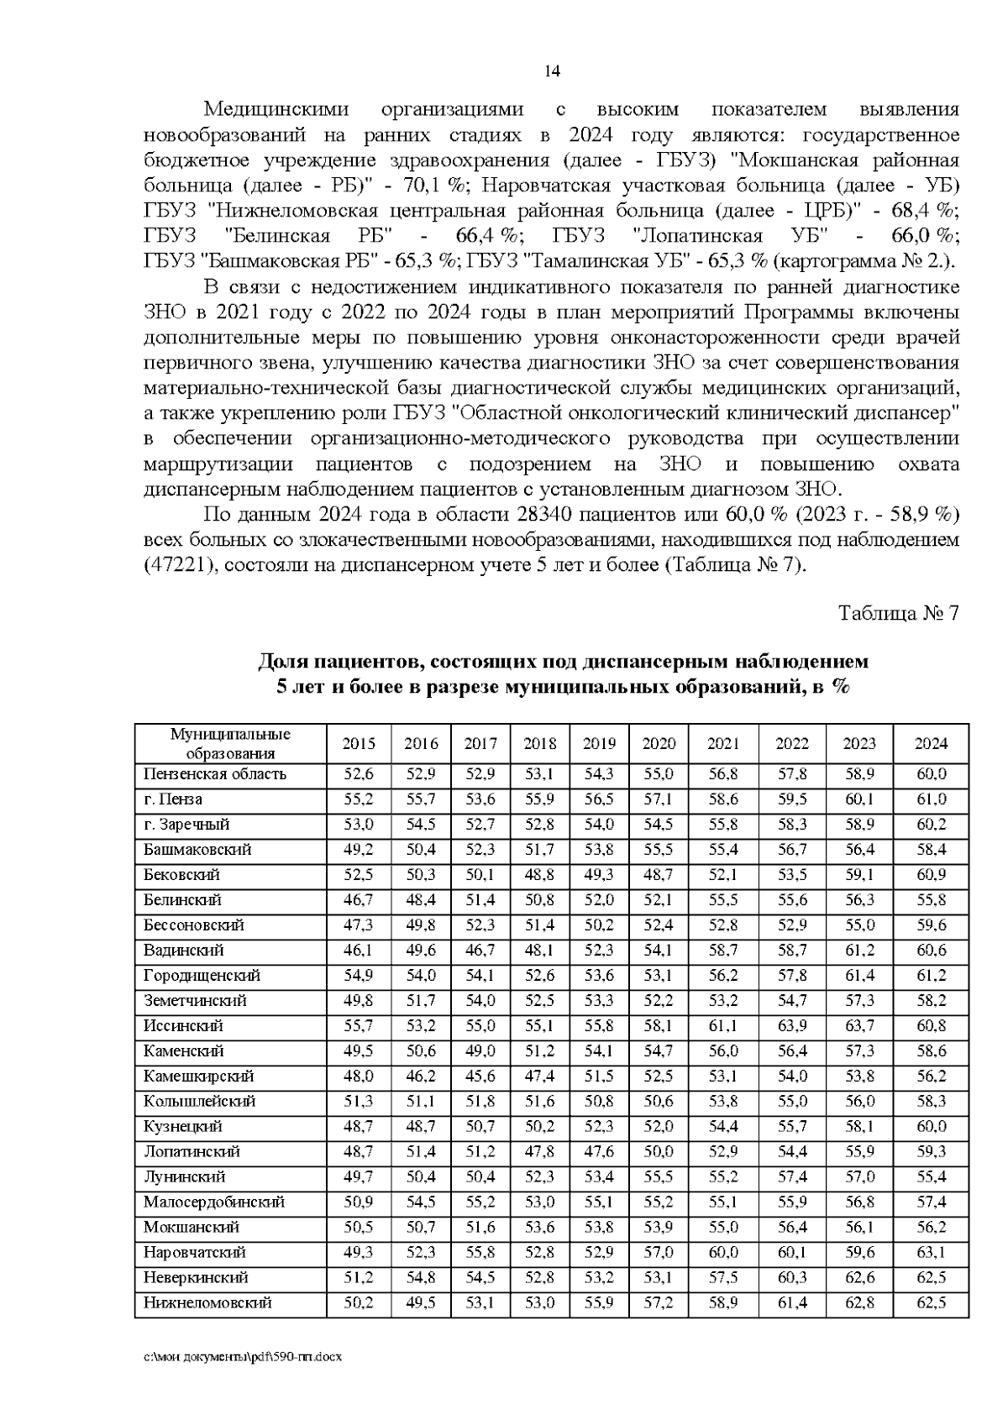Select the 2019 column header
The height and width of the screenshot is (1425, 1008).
599,743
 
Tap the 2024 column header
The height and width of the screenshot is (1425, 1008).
931,743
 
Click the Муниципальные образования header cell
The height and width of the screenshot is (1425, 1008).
230,743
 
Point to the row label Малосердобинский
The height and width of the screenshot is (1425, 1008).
213,1202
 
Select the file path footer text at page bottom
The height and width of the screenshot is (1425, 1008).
244,1380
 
